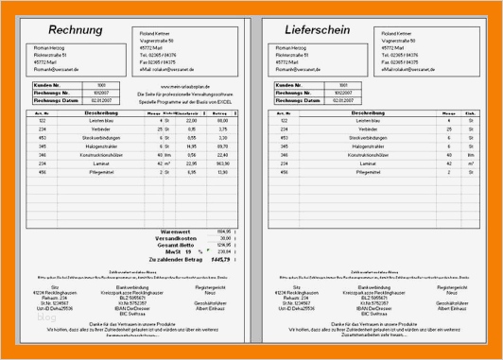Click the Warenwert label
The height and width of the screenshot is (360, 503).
[x=176, y=230]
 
